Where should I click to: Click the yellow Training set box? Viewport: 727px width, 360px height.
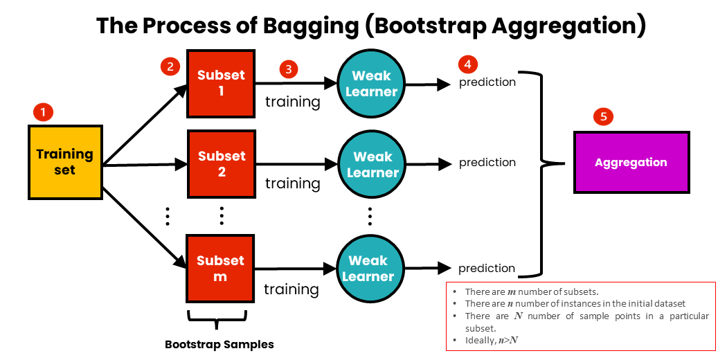[65, 161]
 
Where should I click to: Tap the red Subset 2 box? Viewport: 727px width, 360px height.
[222, 163]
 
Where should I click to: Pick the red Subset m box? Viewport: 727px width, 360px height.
[220, 268]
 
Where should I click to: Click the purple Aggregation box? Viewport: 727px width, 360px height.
[631, 162]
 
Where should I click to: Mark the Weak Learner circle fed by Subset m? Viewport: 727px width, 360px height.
[368, 268]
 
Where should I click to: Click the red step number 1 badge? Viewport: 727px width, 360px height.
[43, 111]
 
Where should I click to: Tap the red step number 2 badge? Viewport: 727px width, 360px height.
[170, 66]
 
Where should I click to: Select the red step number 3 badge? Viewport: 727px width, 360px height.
[288, 69]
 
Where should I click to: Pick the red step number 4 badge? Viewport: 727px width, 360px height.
[468, 64]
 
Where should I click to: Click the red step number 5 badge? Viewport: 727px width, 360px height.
[603, 116]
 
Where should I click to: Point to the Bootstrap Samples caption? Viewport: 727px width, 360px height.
[219, 344]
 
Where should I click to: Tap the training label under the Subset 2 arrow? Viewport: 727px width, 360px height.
[292, 183]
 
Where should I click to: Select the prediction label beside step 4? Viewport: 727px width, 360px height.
[487, 82]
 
